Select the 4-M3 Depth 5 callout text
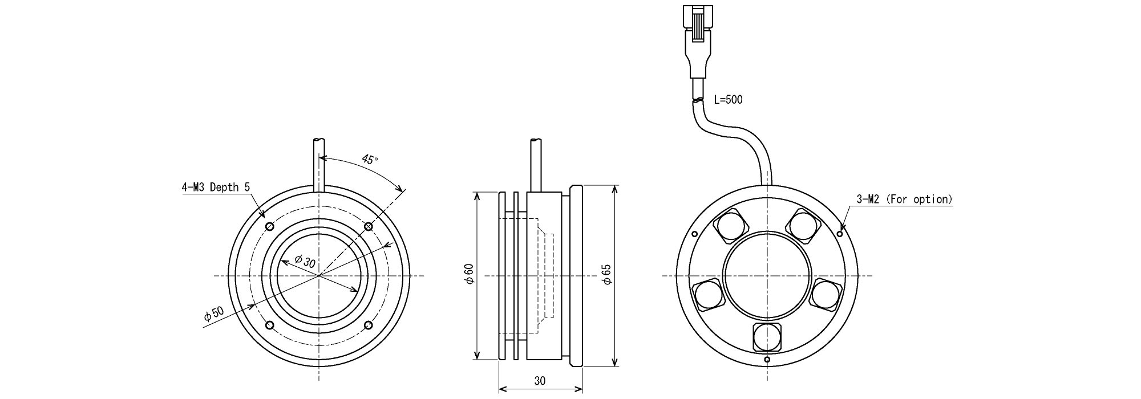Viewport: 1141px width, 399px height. tap(216, 187)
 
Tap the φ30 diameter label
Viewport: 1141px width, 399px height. tap(305, 262)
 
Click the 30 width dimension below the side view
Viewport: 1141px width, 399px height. tap(540, 381)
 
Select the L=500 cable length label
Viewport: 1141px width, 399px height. tap(729, 100)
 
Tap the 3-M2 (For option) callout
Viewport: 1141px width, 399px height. tap(905, 199)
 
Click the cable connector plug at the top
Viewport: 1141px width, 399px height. tap(700, 40)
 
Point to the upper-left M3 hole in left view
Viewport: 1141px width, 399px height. tap(270, 227)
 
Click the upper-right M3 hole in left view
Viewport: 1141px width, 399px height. tap(369, 227)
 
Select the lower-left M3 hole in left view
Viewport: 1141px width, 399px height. tap(270, 325)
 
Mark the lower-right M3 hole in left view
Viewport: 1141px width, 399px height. tap(369, 325)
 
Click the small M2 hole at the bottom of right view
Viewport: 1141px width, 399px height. tap(767, 360)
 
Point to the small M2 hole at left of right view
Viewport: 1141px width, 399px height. tap(694, 234)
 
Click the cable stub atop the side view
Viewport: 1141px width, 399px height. tap(536, 165)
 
